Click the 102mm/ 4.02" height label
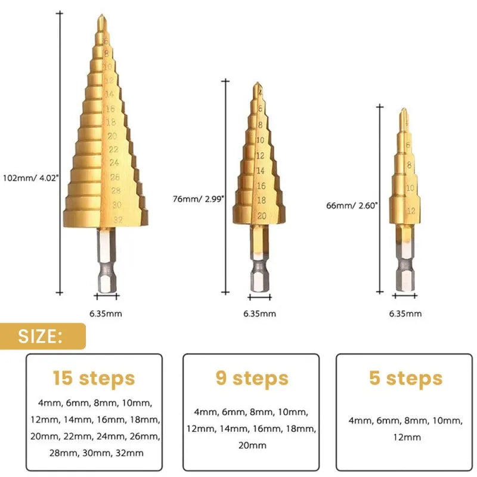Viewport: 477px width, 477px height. [x=31, y=178]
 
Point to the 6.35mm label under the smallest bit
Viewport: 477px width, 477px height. [x=405, y=314]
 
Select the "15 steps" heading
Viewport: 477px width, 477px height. [x=94, y=378]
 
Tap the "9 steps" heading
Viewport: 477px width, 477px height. [x=252, y=378]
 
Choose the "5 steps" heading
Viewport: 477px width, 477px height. [x=405, y=378]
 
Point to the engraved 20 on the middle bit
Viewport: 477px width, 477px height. [x=261, y=216]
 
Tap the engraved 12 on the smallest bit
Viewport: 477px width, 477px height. [x=410, y=210]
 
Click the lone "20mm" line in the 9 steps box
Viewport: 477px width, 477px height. [x=252, y=445]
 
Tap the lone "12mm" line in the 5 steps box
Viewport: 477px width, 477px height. [x=405, y=437]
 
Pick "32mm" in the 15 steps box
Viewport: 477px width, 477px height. [x=131, y=453]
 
